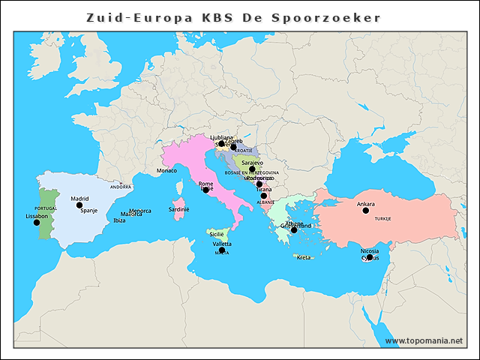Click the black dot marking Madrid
click(x=79, y=205)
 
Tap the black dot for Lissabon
click(x=37, y=222)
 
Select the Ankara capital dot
click(x=366, y=211)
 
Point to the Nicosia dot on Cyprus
click(x=370, y=257)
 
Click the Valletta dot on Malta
click(x=222, y=250)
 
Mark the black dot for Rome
click(x=206, y=190)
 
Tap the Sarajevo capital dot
click(x=253, y=169)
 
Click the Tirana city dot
click(x=263, y=196)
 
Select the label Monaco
click(x=166, y=171)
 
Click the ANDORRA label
click(x=121, y=187)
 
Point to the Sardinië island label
click(x=179, y=210)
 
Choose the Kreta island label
click(x=304, y=257)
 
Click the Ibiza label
click(x=119, y=220)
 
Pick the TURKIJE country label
click(x=383, y=218)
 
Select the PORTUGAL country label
click(x=46, y=208)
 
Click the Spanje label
click(x=89, y=211)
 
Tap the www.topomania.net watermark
click(x=424, y=340)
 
